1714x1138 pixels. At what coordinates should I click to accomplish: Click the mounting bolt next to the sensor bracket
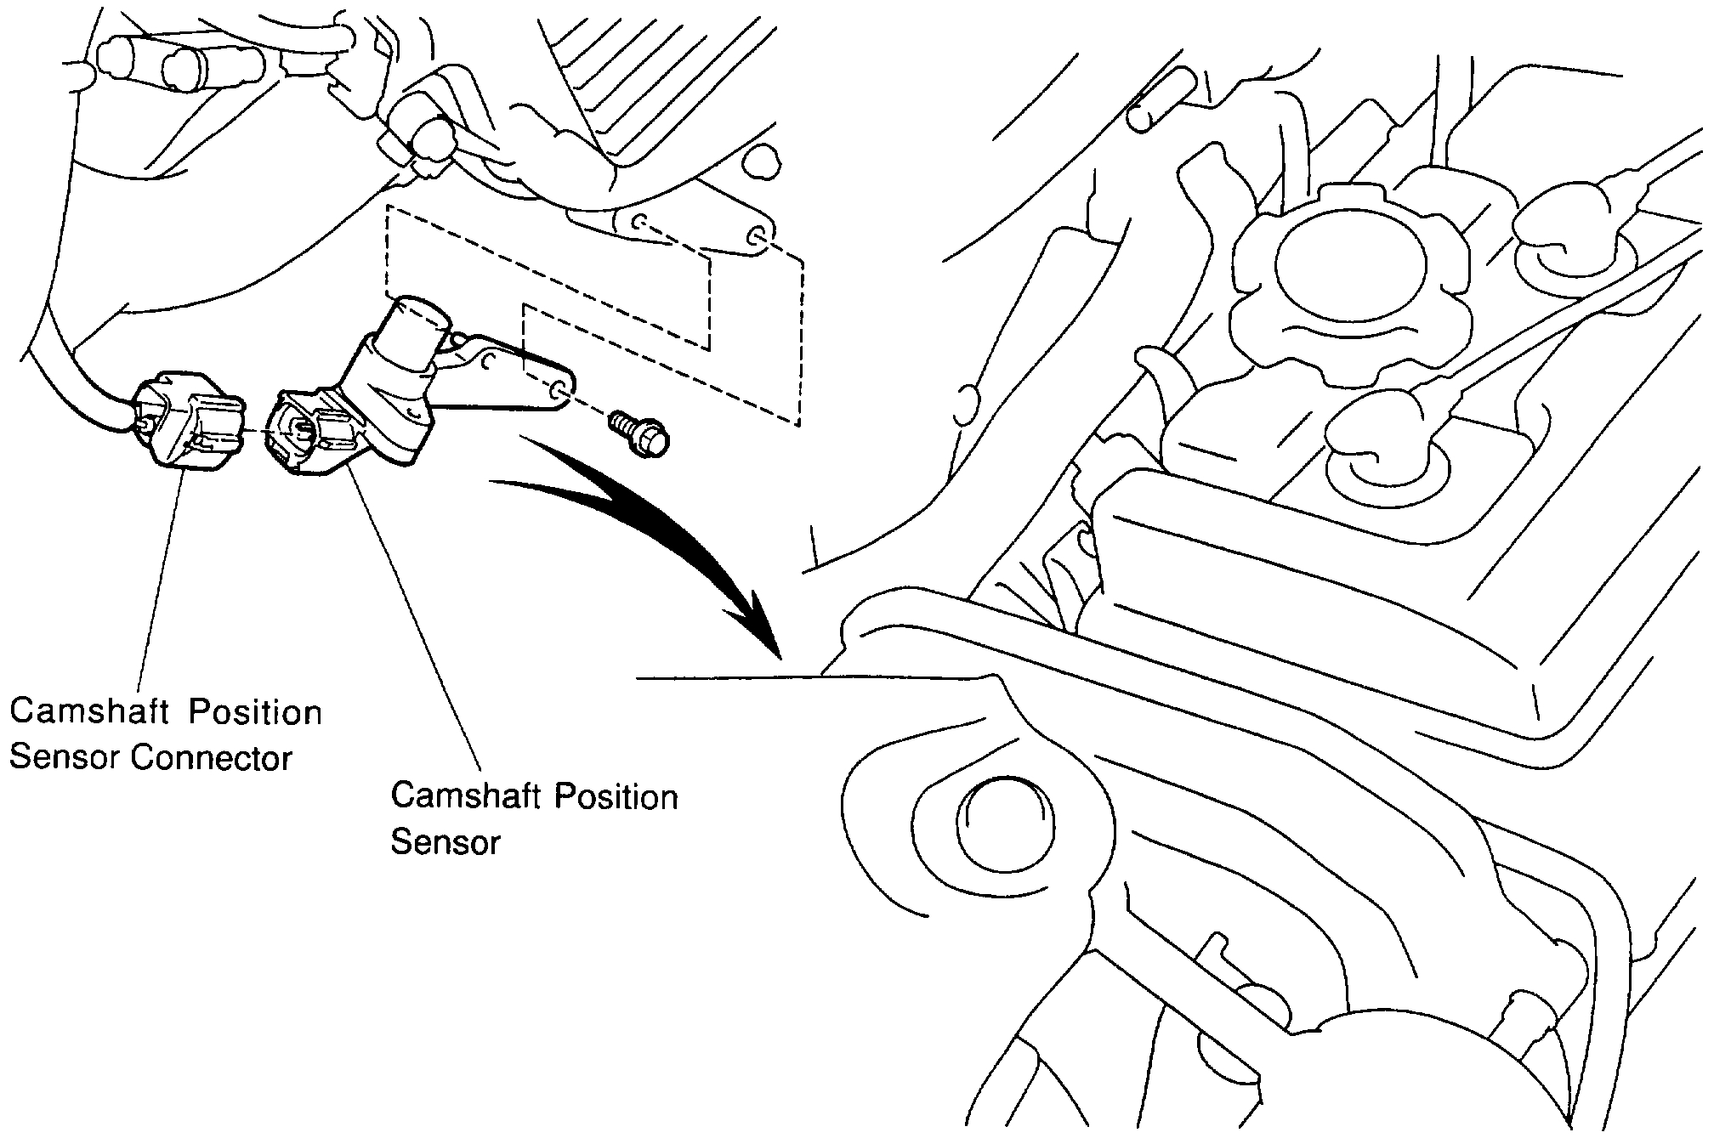[x=642, y=433]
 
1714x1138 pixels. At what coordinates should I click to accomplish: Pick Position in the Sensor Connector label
[x=255, y=711]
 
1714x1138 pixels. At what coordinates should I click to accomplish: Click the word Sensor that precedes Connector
[x=65, y=757]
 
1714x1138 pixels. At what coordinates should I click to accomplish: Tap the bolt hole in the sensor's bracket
[x=558, y=391]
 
